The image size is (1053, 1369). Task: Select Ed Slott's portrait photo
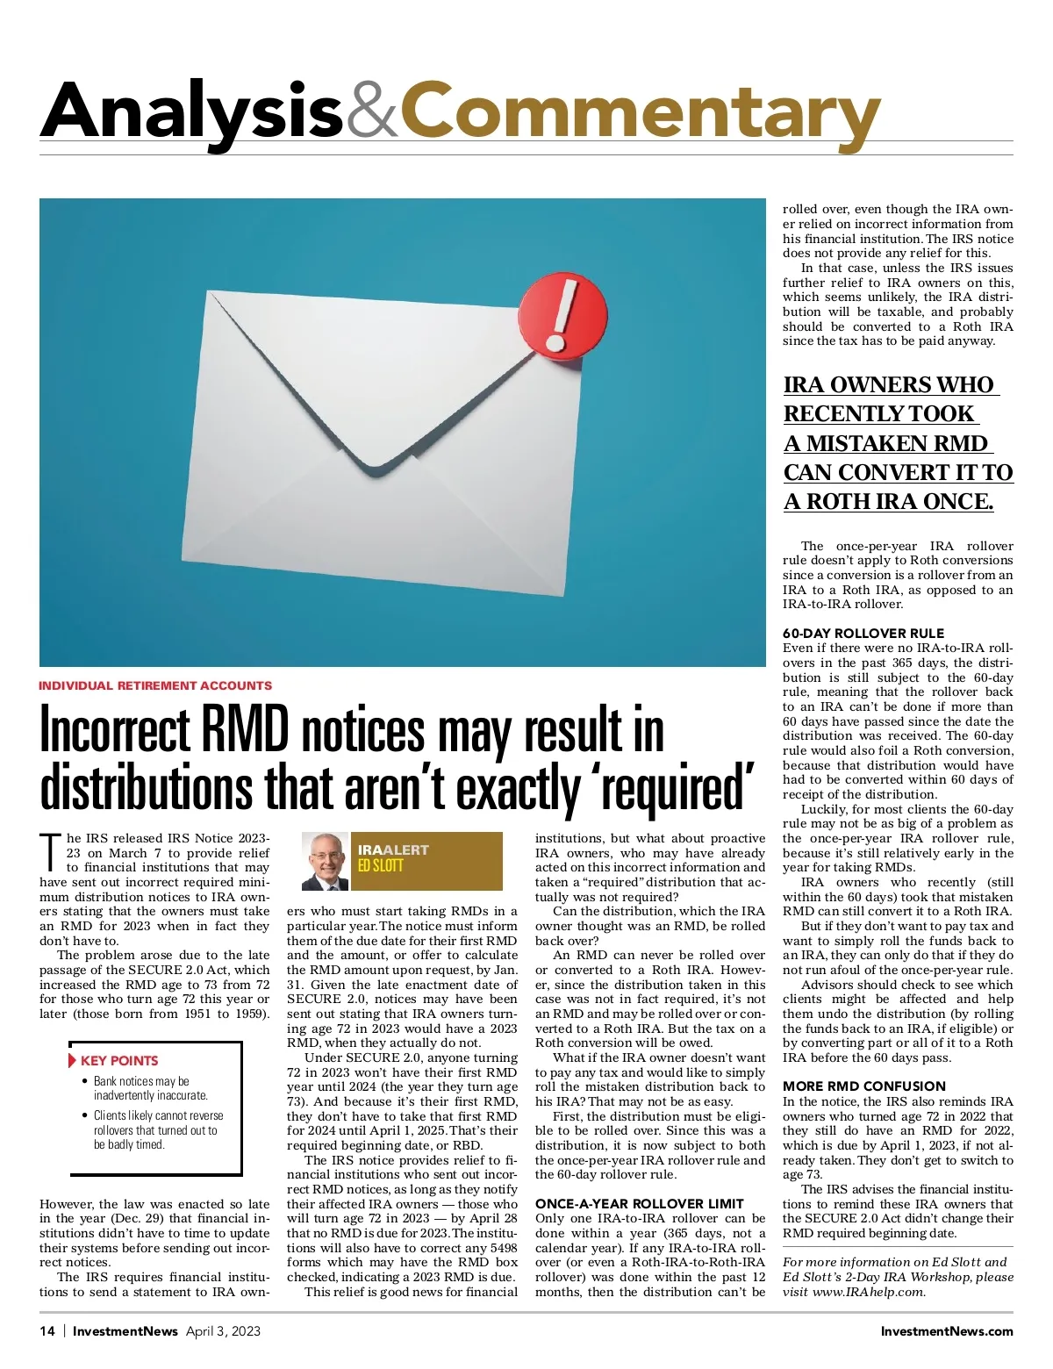326,861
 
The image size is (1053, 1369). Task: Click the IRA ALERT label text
393,849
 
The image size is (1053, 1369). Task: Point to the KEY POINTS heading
119,1060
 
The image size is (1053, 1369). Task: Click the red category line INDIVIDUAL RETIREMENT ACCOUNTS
155,685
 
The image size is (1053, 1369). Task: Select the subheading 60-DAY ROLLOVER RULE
863,633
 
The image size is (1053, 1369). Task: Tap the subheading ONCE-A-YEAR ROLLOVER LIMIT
640,1203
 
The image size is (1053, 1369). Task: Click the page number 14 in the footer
47,1330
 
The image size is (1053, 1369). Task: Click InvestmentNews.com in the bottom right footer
947,1330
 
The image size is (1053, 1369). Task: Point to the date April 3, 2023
223,1330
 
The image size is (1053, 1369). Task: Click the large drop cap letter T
51,852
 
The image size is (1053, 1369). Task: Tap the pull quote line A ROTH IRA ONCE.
888,501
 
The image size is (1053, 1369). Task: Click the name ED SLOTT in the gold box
381,865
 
